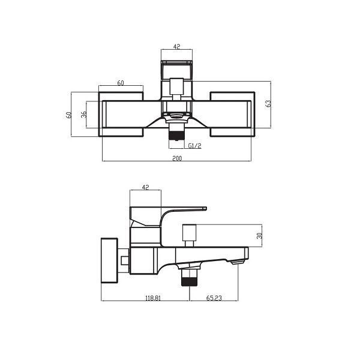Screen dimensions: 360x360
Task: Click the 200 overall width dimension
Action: (177, 158)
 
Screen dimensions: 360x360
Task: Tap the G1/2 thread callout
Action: (194, 146)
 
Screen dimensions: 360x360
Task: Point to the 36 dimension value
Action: (84, 114)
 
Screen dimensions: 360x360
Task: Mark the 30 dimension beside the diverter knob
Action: (259, 235)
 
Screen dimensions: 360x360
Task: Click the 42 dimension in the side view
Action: (145, 187)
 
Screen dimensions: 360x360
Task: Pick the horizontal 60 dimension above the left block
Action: (121, 83)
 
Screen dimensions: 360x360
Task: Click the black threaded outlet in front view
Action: (176, 135)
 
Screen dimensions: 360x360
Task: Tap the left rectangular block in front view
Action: (121, 114)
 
